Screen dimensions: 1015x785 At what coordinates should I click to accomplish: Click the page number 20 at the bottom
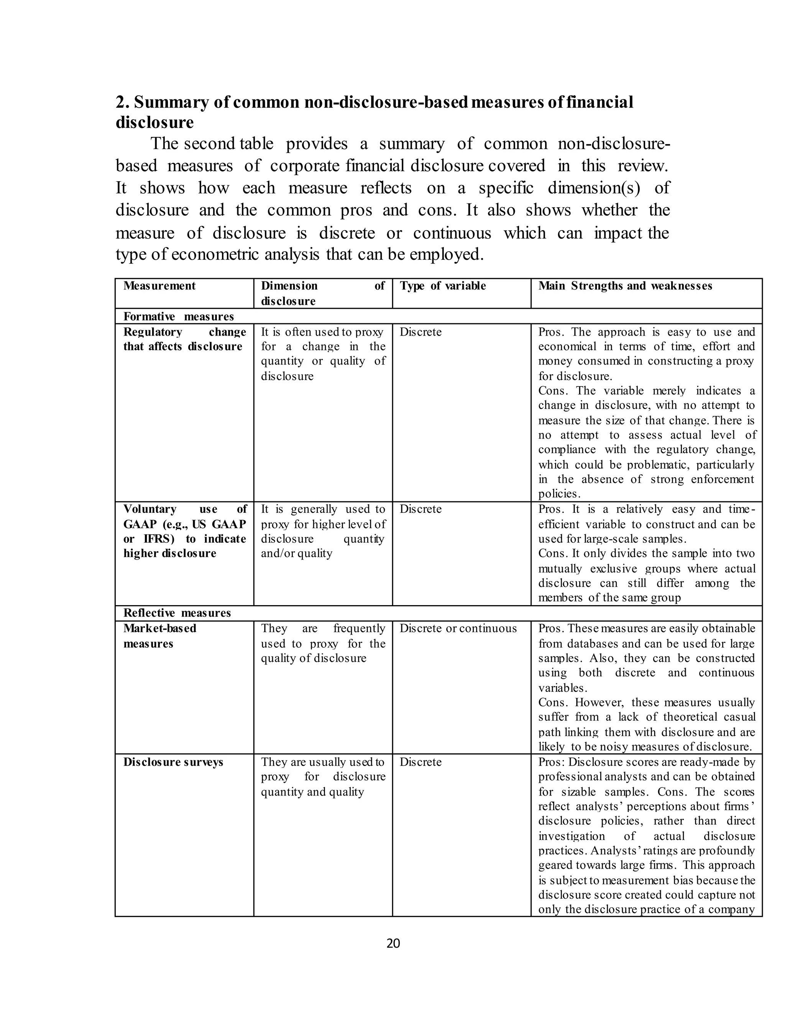coord(393,943)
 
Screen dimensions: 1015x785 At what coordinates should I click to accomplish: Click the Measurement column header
coord(159,286)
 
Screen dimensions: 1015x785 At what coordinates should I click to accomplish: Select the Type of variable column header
coord(443,286)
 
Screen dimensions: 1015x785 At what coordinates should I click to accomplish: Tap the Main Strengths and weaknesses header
coord(625,286)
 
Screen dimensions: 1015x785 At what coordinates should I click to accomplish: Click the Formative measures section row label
coord(179,316)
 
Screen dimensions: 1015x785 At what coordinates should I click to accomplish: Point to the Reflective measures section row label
coord(177,612)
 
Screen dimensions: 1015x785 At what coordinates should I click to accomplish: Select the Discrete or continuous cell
coord(458,628)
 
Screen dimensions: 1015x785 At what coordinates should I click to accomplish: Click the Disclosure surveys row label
coord(173,762)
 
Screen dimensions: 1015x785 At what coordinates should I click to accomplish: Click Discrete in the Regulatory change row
coord(420,332)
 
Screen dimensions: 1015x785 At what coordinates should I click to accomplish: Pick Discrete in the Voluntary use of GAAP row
coord(420,509)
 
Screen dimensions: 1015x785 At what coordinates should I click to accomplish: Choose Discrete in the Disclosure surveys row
coord(420,762)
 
